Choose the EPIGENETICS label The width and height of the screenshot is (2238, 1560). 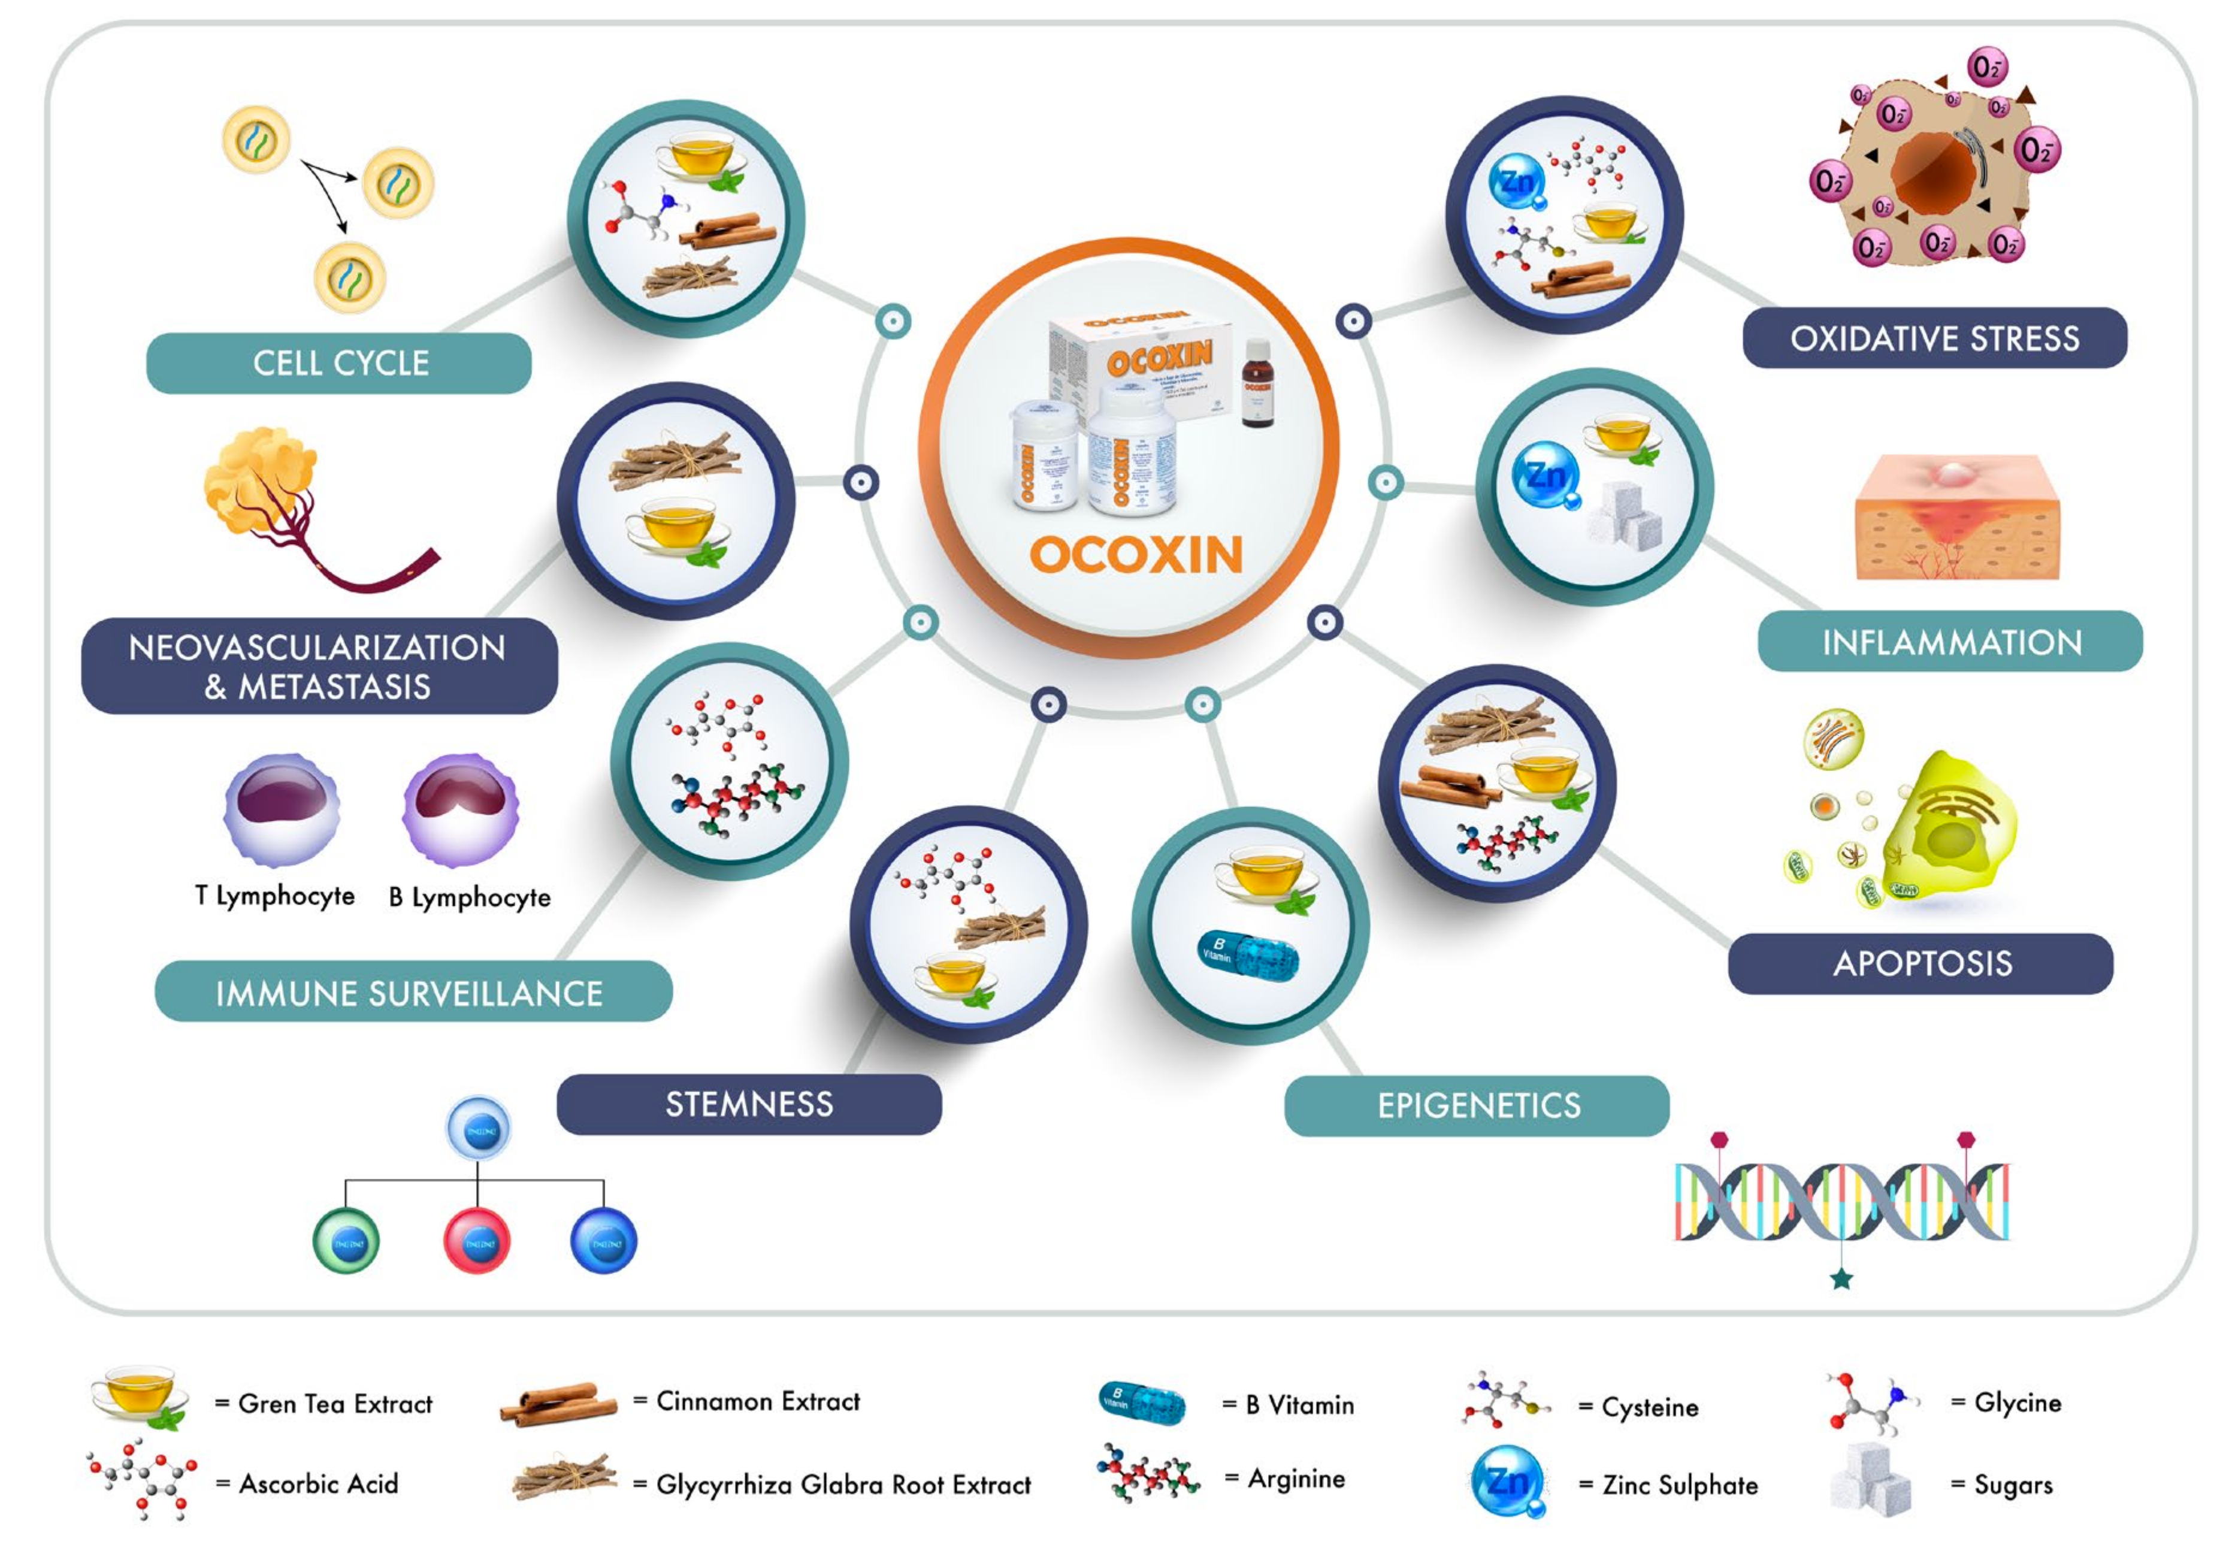click(1478, 1106)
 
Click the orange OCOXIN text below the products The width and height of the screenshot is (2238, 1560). click(1136, 555)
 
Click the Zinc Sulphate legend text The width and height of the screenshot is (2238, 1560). click(1680, 1485)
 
